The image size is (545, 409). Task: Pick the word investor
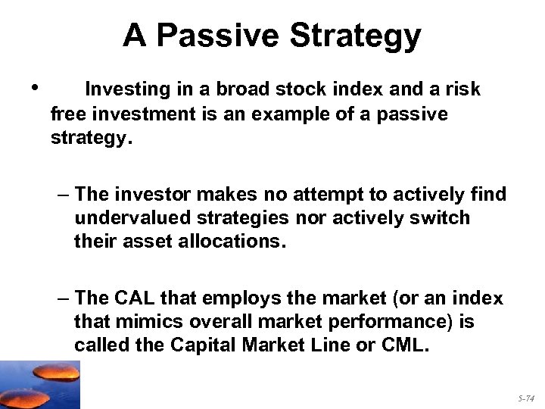tap(150, 195)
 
